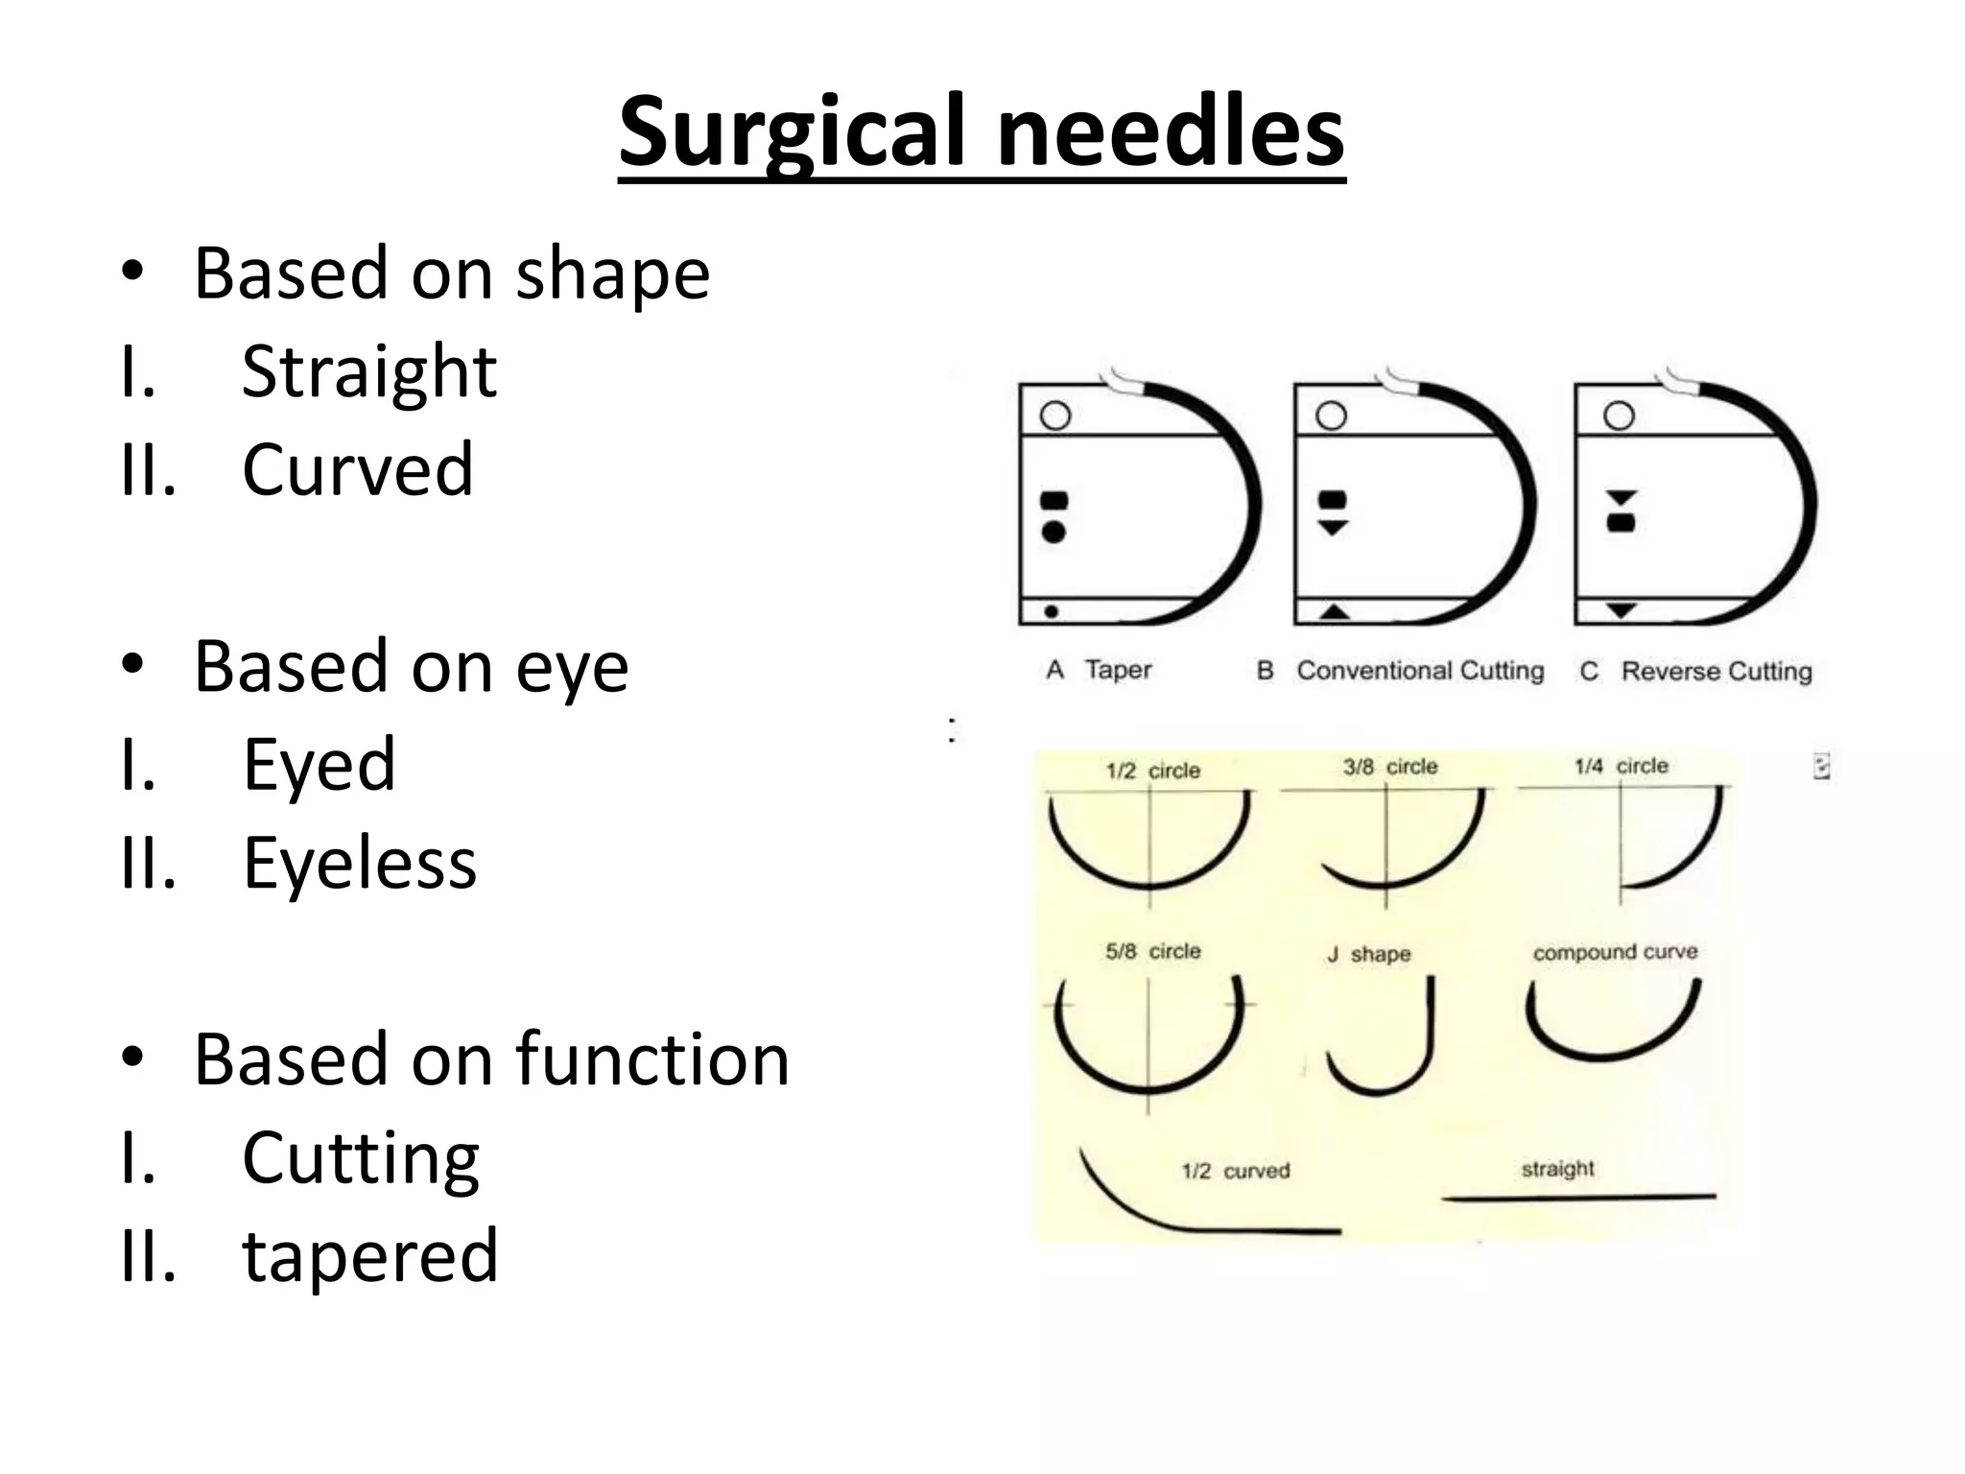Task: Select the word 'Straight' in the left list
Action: click(369, 371)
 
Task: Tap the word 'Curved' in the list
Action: click(358, 469)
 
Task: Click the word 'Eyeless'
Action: click(360, 863)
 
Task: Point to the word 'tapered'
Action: click(370, 1255)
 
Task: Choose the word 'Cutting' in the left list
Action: click(361, 1157)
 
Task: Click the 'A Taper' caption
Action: click(1100, 670)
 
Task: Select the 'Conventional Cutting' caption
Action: click(1419, 671)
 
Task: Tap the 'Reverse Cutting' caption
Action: click(1716, 672)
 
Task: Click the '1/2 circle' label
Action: click(1152, 771)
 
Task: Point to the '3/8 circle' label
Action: click(1390, 767)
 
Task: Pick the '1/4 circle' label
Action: click(1621, 766)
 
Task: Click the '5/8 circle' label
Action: click(1152, 951)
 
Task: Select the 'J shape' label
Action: click(1369, 954)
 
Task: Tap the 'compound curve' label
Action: click(1615, 952)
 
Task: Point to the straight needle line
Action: click(1578, 1198)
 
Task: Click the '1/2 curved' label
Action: click(1235, 1171)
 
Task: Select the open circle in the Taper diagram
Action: click(1055, 416)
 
